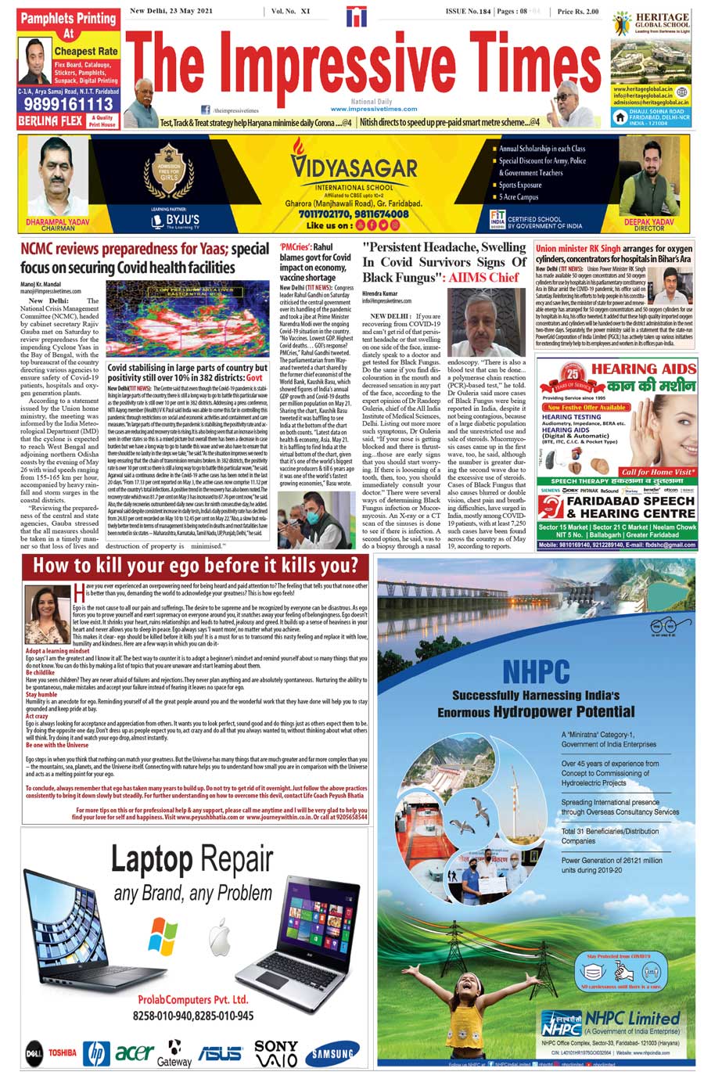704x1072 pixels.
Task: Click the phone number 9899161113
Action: click(68, 103)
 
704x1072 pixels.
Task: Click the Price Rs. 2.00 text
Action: click(578, 12)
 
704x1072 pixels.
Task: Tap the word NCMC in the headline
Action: click(45, 250)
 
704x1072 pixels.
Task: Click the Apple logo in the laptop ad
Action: click(217, 935)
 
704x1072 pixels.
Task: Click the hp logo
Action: click(96, 1053)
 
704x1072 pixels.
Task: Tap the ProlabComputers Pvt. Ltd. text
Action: click(192, 999)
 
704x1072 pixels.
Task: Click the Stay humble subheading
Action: click(41, 694)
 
